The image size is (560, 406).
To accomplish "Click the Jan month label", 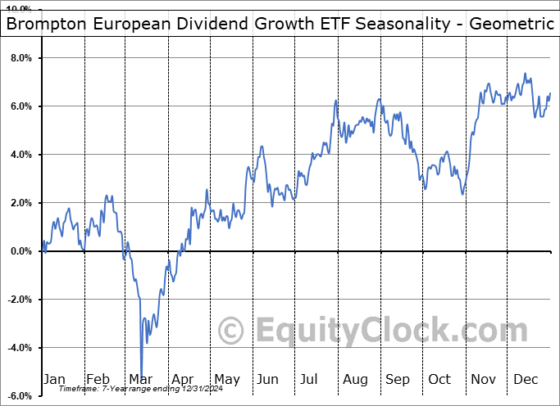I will coord(54,379).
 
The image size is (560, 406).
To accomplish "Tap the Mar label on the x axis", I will coord(139,379).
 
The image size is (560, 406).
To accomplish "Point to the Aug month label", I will coord(354,379).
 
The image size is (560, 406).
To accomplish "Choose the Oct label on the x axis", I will coord(439,379).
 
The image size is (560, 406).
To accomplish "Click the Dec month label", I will coord(525,379).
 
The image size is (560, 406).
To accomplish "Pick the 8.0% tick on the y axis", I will coord(20,59).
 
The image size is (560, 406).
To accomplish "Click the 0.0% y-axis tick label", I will coord(20,251).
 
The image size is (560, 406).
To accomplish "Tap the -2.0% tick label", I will coord(18,300).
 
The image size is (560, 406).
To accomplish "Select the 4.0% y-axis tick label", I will coord(20,155).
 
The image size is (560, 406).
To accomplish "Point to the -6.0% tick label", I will coord(18,396).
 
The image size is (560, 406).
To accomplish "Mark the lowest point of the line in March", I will coord(142,376).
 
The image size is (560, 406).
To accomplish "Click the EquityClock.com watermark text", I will coord(380,331).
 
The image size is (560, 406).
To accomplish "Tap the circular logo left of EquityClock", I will coord(231,331).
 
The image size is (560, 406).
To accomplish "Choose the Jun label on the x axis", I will coord(268,379).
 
